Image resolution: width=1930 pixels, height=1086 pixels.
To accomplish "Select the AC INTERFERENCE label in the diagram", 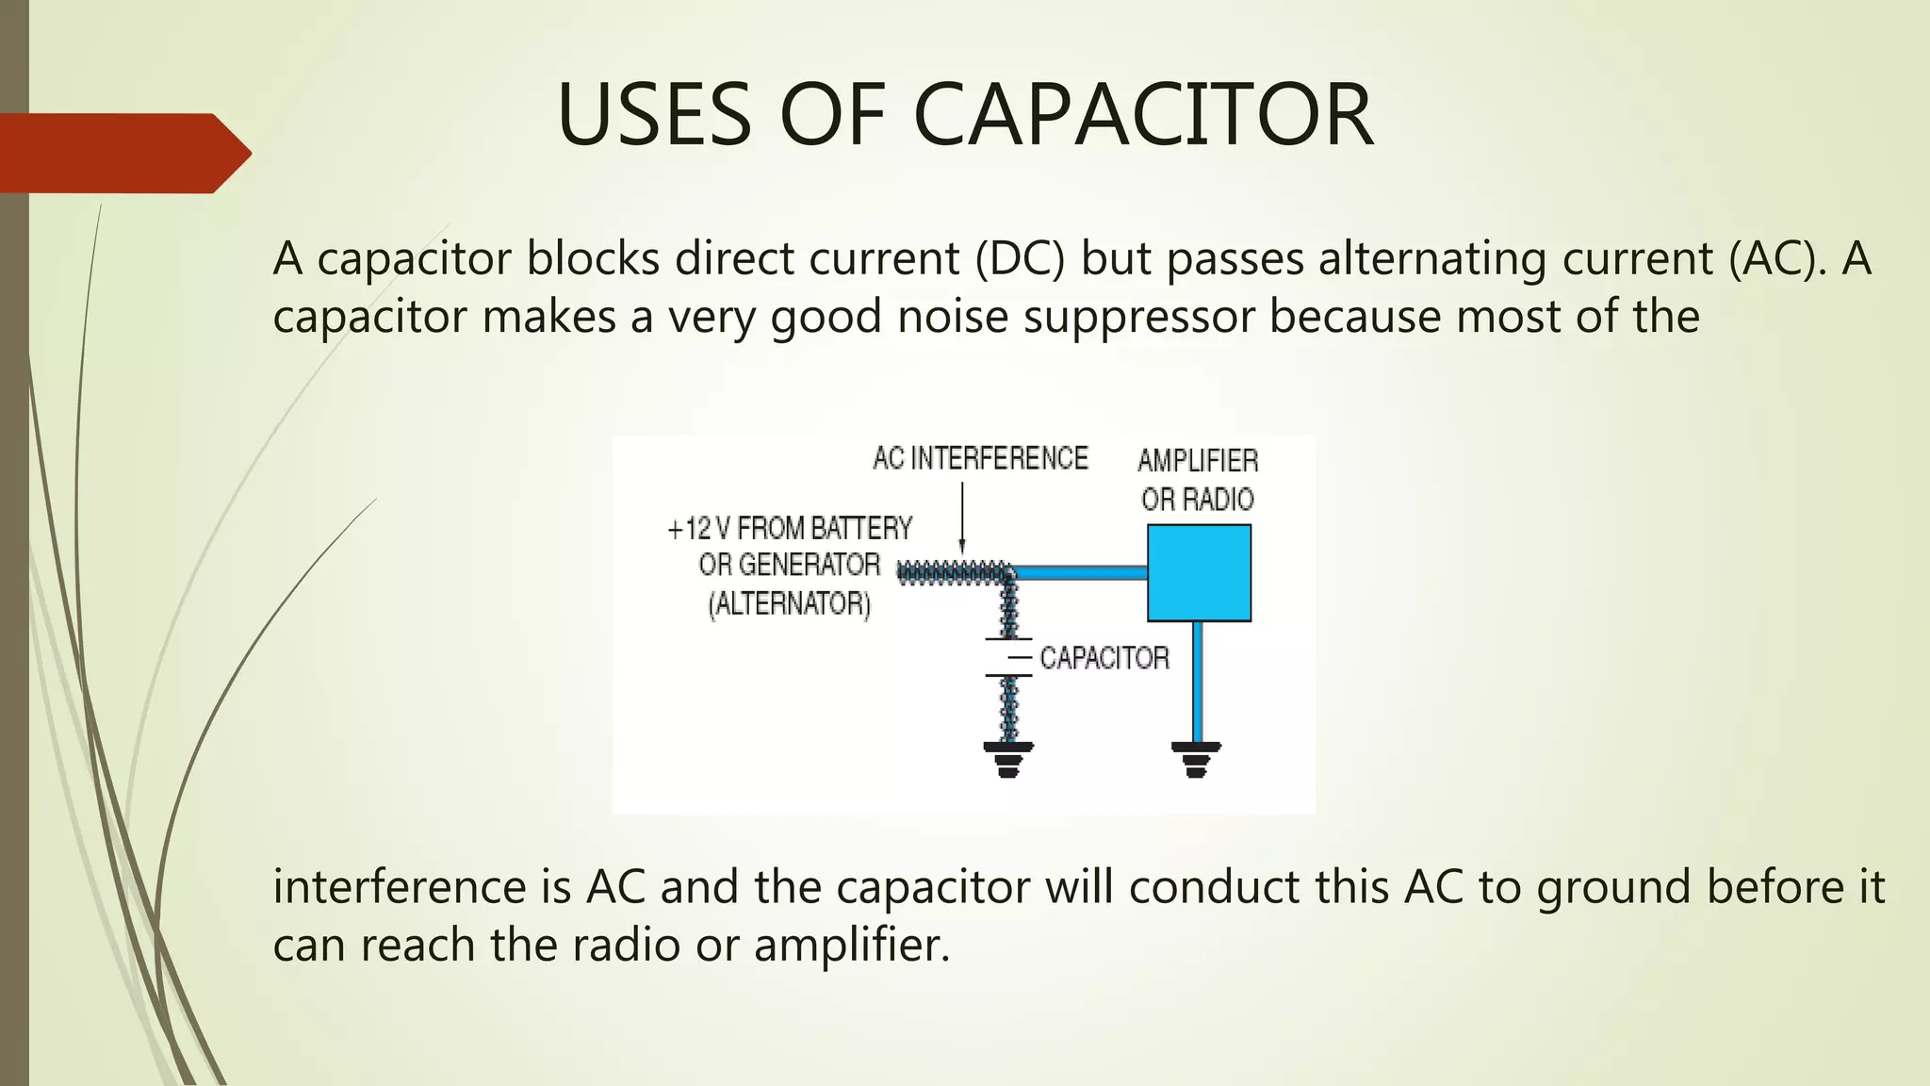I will pos(980,459).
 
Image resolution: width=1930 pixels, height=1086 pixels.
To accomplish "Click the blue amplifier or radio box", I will pos(1199,573).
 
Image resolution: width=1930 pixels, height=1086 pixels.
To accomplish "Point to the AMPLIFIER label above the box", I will pos(1198,461).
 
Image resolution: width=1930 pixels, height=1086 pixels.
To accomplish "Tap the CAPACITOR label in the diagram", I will pos(1104,658).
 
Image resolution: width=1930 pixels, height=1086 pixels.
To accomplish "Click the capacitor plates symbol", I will pos(1008,657).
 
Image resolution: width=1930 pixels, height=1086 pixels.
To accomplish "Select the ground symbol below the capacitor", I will pos(1008,758).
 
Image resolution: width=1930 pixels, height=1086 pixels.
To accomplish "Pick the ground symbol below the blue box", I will pos(1196,758).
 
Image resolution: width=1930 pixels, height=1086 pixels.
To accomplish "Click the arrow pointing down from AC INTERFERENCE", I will pos(962,518).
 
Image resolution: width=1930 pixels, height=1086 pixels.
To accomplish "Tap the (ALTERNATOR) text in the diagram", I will pos(790,603).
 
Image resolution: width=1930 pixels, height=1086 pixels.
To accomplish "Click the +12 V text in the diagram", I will pos(698,529).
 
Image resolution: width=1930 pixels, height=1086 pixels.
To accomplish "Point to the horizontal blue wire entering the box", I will pos(1080,572).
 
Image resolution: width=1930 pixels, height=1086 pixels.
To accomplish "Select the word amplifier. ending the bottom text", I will pos(852,946).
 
